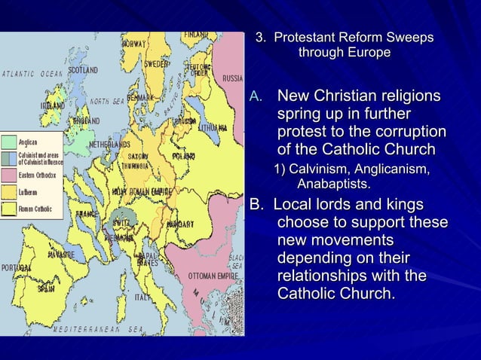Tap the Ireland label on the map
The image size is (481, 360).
[x=51, y=106]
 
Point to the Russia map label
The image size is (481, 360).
[x=232, y=78]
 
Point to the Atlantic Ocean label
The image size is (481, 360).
[x=32, y=74]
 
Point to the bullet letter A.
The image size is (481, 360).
[x=255, y=97]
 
